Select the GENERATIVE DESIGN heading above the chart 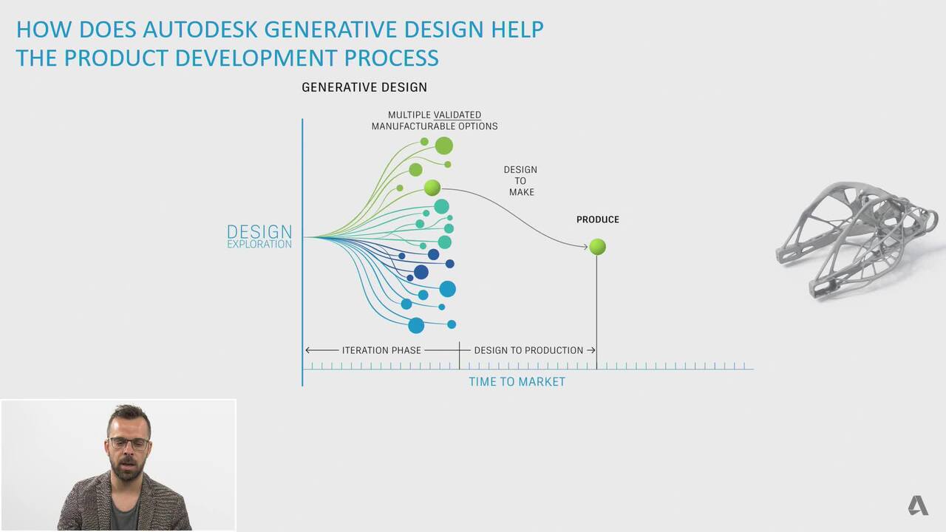364,87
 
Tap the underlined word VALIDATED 457,115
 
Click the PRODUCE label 598,219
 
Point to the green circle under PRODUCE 597,247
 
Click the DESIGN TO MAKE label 521,181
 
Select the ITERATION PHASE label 381,350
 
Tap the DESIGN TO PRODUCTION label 528,350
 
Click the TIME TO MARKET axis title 517,382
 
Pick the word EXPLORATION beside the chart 259,244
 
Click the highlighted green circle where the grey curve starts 432,188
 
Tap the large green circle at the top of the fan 444,146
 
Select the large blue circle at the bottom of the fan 416,326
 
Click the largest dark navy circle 421,273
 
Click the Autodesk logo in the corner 918,505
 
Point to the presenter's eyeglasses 129,443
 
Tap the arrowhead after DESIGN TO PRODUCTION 593,350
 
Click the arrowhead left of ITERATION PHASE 308,350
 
